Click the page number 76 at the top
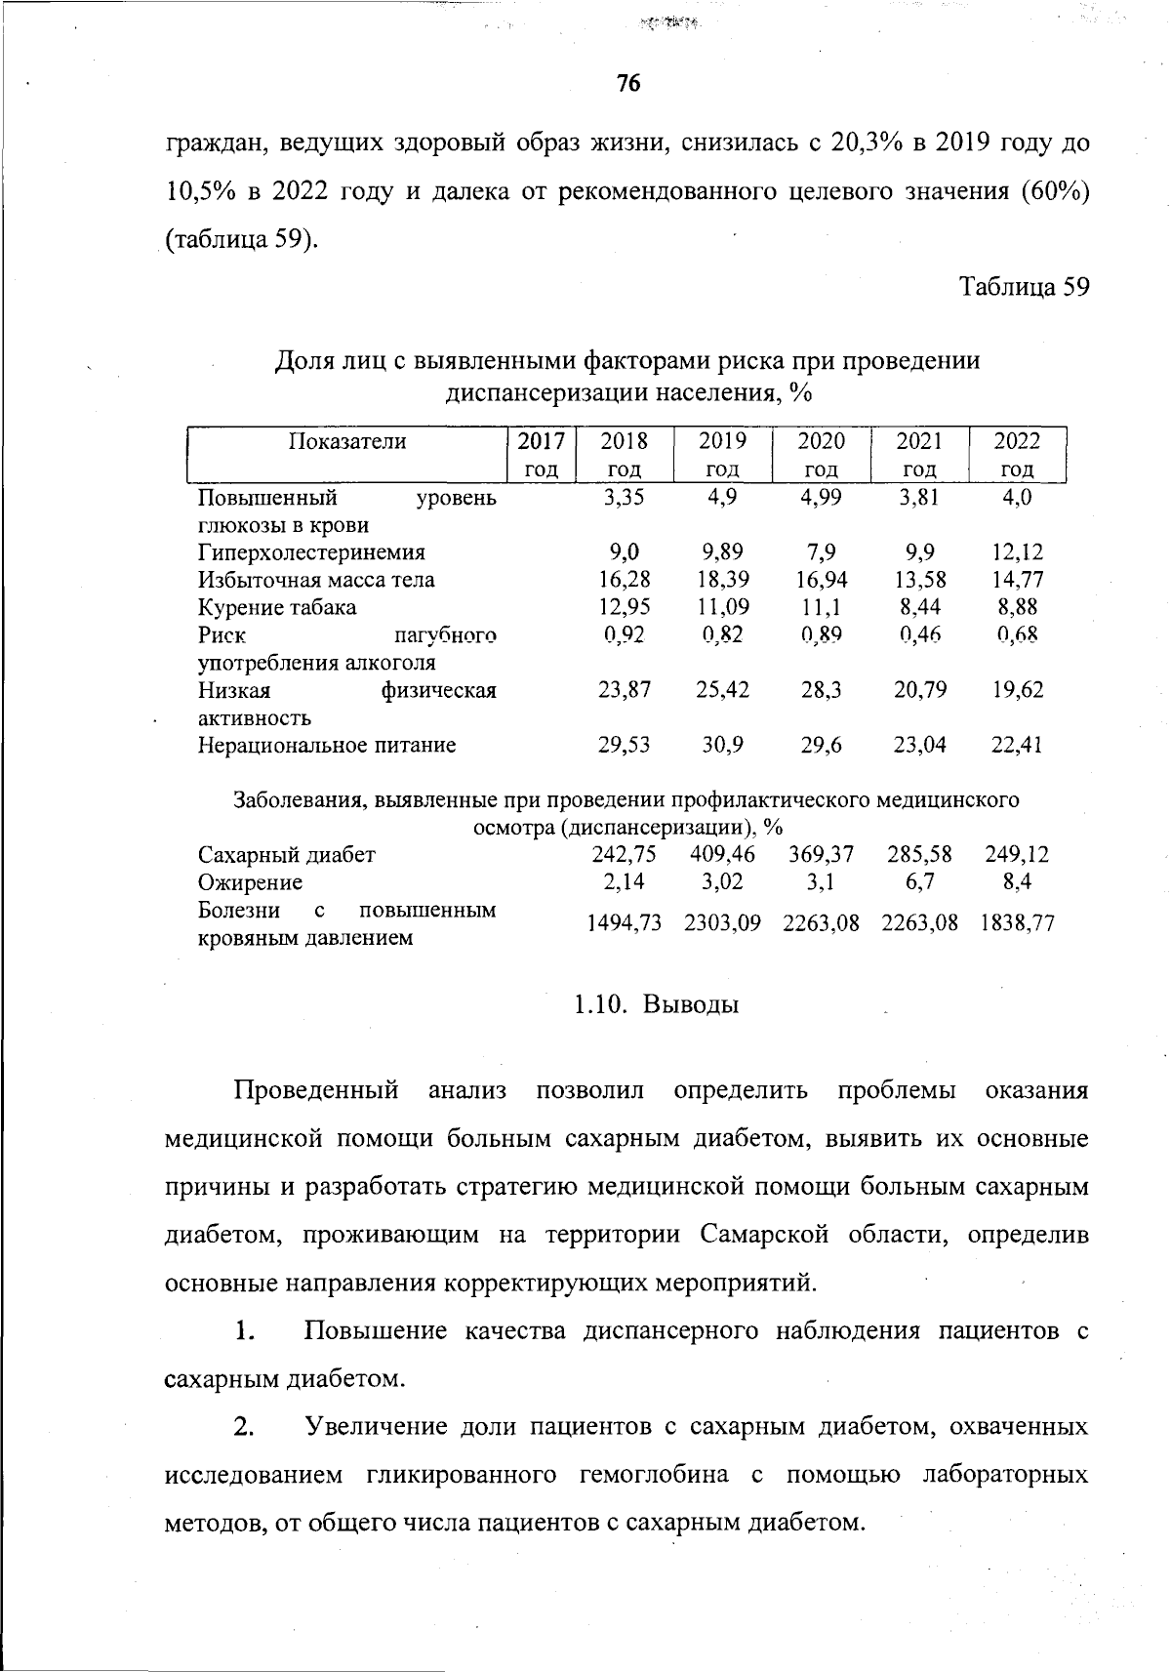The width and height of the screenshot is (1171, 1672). pyautogui.click(x=627, y=84)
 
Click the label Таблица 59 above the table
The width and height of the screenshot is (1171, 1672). pyautogui.click(x=1024, y=287)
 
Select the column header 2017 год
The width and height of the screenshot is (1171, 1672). pyautogui.click(x=542, y=454)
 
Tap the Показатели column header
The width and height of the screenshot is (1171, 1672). pyautogui.click(x=347, y=441)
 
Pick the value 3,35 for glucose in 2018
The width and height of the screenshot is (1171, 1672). pyautogui.click(x=624, y=497)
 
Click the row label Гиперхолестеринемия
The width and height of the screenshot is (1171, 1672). pyautogui.click(x=312, y=552)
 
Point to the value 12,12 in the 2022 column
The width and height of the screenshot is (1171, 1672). pyautogui.click(x=1018, y=552)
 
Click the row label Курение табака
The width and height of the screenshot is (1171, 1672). pyautogui.click(x=277, y=607)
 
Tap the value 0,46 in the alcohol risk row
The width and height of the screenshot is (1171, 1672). pyautogui.click(x=919, y=635)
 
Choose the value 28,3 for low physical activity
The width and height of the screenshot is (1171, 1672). pyautogui.click(x=821, y=690)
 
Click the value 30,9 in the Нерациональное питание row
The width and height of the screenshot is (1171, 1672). pyautogui.click(x=722, y=746)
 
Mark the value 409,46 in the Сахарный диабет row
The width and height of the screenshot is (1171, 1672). pyautogui.click(x=722, y=855)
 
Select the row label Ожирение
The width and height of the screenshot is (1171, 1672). pyautogui.click(x=250, y=882)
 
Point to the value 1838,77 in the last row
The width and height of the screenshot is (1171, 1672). pyautogui.click(x=1018, y=923)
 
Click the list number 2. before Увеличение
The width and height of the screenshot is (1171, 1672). pyautogui.click(x=244, y=1426)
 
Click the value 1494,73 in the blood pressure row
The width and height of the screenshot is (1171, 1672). pyautogui.click(x=624, y=923)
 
